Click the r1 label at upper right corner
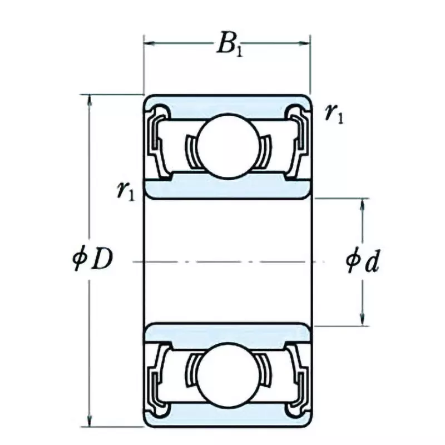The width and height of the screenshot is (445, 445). coord(334,113)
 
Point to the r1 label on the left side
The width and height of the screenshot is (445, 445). coord(125,191)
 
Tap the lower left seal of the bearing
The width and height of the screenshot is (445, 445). coord(155,378)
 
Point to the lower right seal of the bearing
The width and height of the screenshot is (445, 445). coord(299,378)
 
